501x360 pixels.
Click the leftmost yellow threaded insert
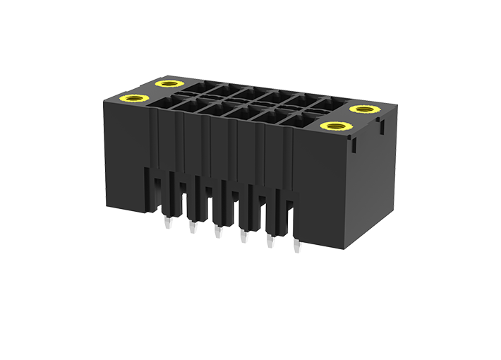click(134, 99)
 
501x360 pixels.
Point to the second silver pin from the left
click(191, 229)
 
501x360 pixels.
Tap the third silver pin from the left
click(217, 232)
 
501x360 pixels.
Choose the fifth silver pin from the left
click(270, 242)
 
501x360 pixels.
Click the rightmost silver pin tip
click(296, 247)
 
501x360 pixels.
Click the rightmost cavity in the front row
click(296, 121)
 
